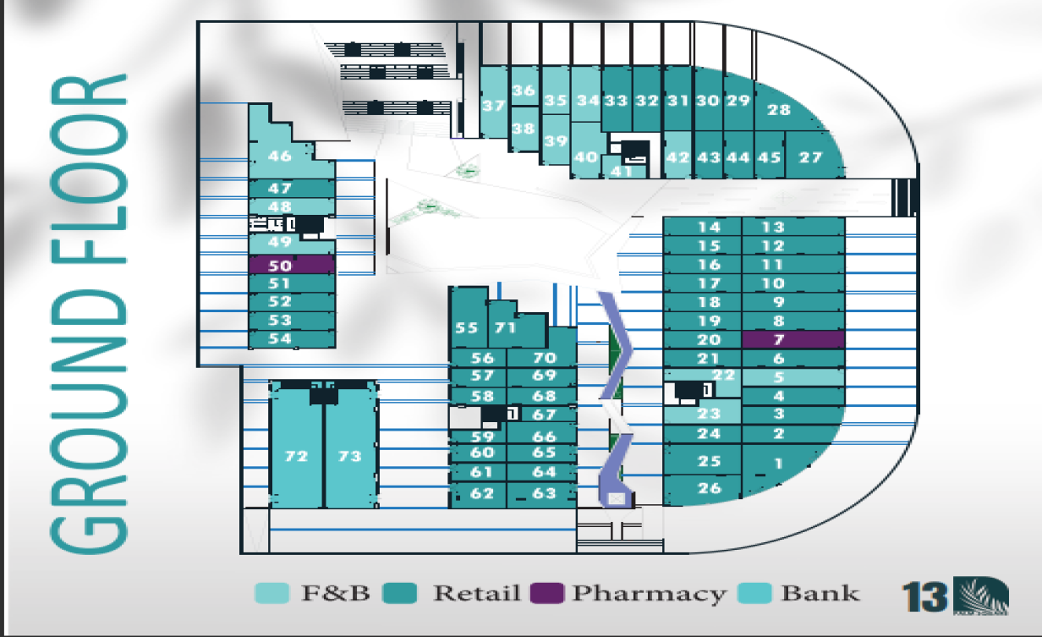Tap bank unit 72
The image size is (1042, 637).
[296, 456]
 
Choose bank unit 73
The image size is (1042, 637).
[349, 456]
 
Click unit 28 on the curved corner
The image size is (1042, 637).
[778, 110]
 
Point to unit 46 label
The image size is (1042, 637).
[280, 156]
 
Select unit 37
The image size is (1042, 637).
[493, 106]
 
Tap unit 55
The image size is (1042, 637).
[467, 327]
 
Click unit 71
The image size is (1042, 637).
[506, 327]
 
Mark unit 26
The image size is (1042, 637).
[710, 488]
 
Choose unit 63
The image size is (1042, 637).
[545, 493]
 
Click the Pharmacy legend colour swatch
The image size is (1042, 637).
[546, 593]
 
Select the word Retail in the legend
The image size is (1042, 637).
[476, 593]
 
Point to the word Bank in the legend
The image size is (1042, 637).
[820, 593]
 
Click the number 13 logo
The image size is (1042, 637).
[924, 596]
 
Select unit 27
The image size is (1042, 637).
[810, 157]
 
